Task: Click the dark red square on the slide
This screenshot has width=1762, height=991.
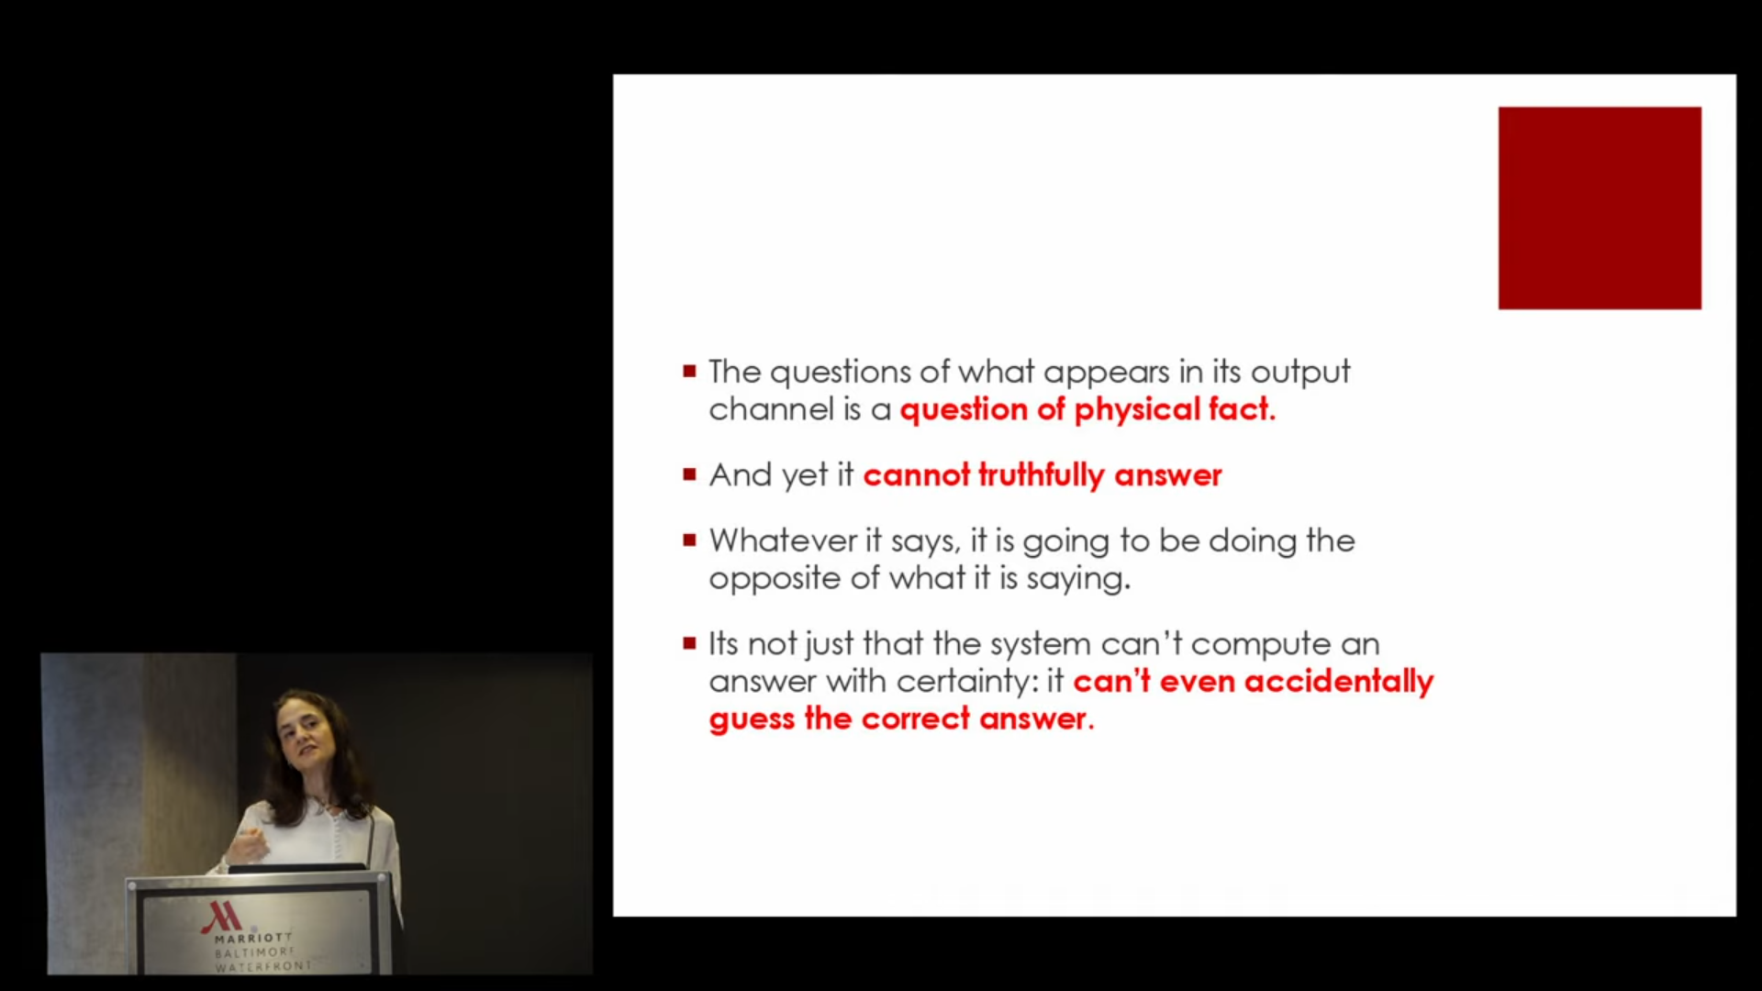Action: coord(1600,208)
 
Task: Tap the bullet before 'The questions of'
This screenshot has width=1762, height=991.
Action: coord(689,372)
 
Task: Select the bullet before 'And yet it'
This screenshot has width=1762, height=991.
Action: coord(689,474)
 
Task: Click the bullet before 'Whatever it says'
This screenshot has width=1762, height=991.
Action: coord(689,540)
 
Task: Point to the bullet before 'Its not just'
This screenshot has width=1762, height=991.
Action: coord(689,643)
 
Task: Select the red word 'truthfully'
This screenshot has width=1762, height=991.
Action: coord(1042,475)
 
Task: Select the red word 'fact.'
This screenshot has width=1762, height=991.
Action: coord(1242,409)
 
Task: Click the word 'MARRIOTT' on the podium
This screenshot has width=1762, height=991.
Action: coord(253,939)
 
